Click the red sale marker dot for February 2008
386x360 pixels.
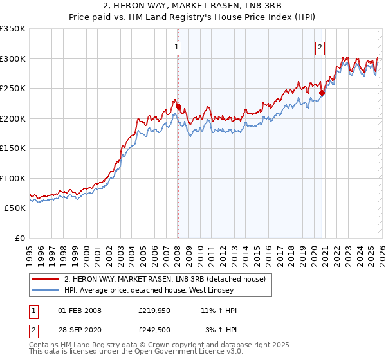click(x=178, y=106)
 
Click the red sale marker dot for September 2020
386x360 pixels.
click(x=322, y=93)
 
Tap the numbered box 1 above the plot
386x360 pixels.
click(x=176, y=46)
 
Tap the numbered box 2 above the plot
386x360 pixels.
click(x=320, y=46)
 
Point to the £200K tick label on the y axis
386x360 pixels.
click(x=13, y=118)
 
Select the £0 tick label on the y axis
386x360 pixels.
click(x=19, y=238)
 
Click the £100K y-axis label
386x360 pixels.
click(x=13, y=178)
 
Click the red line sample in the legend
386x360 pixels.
click(x=45, y=279)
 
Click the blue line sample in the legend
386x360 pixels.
click(x=45, y=291)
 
